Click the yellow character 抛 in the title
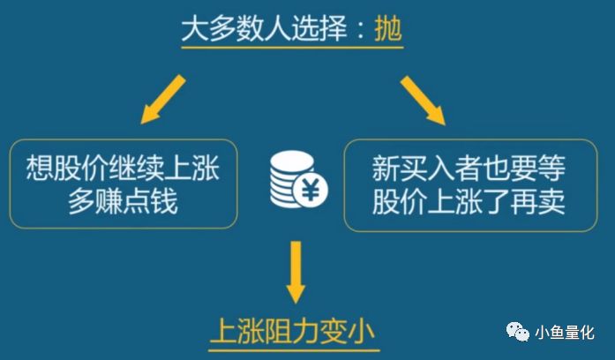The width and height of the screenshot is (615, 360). point(388,28)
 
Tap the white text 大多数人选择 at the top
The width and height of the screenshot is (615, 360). point(265,28)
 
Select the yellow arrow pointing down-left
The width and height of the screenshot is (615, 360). point(162,100)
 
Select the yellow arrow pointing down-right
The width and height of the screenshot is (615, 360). point(423,101)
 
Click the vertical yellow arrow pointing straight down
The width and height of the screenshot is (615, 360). point(296,272)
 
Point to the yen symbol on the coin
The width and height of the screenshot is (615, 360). point(310,191)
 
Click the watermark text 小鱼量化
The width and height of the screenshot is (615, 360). point(565,333)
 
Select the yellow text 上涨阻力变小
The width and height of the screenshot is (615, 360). point(293,332)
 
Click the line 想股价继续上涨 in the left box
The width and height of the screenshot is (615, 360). point(123,168)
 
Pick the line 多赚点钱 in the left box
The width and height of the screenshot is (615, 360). point(123,201)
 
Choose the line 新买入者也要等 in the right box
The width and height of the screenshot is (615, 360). point(469,168)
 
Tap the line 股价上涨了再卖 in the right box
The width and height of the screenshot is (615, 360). point(469,201)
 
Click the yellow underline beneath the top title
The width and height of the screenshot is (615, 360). point(293,48)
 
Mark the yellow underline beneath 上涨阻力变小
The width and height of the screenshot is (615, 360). point(294,350)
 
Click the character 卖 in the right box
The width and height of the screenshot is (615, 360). point(551,201)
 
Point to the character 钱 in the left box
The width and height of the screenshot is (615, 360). point(164,201)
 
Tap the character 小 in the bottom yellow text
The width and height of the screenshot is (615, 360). point(362,332)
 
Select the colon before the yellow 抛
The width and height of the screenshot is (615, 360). point(361,30)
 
